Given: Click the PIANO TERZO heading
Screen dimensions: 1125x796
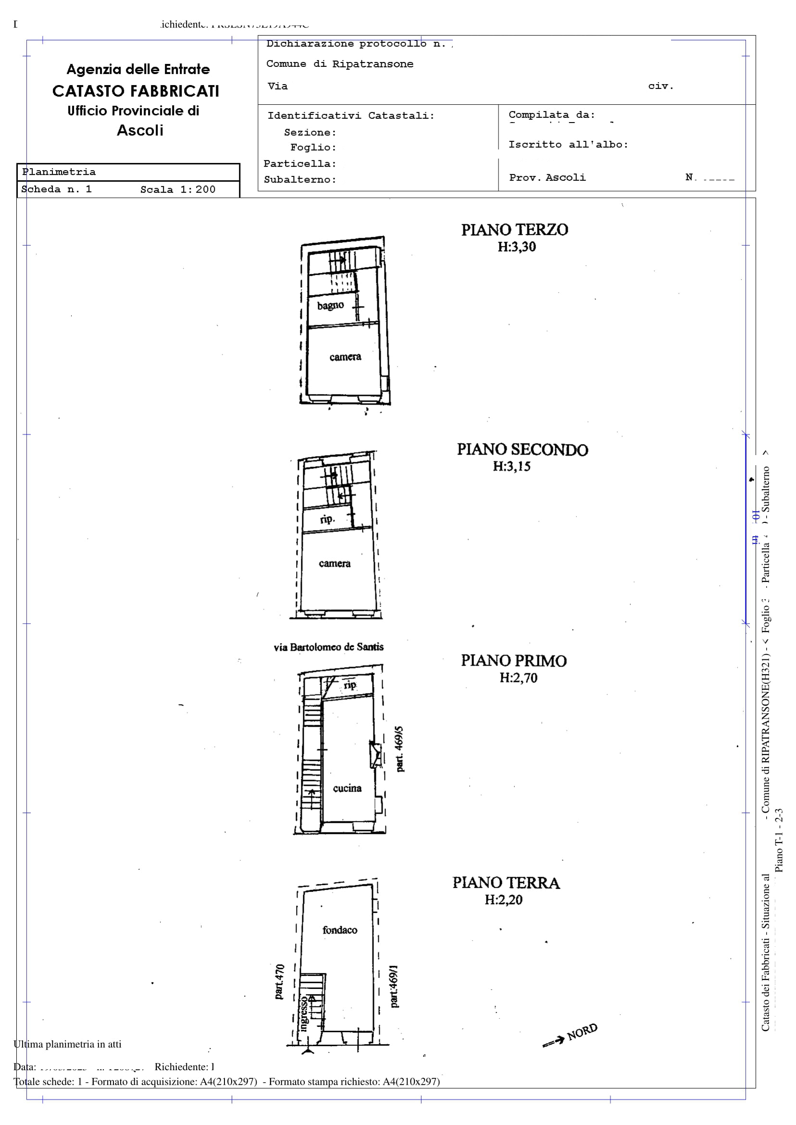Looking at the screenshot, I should (x=514, y=230).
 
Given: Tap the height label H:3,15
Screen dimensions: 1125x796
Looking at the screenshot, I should (x=511, y=466).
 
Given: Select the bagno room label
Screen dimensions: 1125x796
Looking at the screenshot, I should (x=330, y=305).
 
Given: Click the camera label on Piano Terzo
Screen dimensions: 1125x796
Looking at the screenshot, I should (x=345, y=357).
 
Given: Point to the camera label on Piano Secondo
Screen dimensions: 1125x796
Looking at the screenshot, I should (x=334, y=564).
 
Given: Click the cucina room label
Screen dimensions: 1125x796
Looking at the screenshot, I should (x=347, y=788).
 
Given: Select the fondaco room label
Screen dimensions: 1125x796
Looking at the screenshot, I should (x=340, y=929).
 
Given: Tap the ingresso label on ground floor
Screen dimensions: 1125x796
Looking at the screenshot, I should (x=304, y=1014).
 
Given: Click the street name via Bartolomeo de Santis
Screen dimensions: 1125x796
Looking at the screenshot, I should (x=328, y=647).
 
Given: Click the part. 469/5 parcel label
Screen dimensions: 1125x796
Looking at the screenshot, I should (x=399, y=749).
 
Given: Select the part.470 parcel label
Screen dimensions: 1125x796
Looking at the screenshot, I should (x=279, y=981).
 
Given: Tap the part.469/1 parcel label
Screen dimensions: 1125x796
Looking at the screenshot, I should (x=394, y=986).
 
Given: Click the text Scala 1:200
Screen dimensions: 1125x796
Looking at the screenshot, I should (x=177, y=190).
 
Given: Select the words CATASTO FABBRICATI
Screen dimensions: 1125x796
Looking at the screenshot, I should (x=136, y=91).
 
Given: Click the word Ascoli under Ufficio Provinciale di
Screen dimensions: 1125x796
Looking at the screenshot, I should (x=140, y=130).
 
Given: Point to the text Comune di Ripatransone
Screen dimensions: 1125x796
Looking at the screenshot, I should (x=340, y=64).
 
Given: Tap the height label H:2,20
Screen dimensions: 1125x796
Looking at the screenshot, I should (x=503, y=900).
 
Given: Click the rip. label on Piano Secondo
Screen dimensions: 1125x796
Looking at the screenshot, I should (x=327, y=519).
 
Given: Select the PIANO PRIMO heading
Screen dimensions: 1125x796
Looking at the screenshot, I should (x=513, y=660).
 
